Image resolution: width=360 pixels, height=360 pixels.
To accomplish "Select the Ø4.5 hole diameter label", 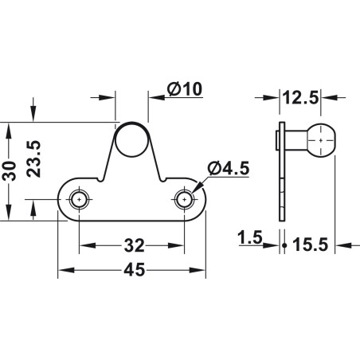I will point(228,167).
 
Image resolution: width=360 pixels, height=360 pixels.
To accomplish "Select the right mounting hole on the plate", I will point(186,199).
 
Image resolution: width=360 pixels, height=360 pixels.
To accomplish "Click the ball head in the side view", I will point(321,142).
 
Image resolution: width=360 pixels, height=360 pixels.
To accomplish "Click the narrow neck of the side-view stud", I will point(299,143).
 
